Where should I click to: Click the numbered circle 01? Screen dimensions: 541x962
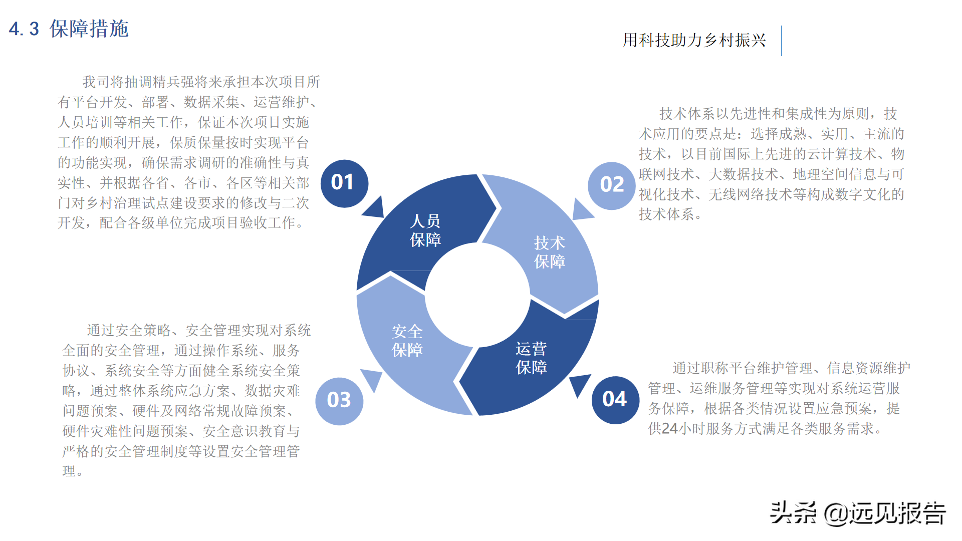click(344, 183)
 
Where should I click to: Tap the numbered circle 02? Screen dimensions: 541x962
click(611, 185)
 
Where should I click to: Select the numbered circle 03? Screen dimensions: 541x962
click(339, 401)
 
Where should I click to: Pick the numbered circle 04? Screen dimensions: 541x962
click(615, 400)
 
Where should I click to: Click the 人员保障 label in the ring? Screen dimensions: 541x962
click(425, 230)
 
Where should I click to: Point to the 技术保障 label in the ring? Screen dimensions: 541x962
click(549, 252)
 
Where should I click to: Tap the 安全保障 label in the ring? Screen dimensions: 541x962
click(407, 341)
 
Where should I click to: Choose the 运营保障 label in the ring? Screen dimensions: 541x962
click(531, 358)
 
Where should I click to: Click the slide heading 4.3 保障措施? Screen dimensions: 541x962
click(69, 29)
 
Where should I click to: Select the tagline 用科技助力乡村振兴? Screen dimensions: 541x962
click(694, 40)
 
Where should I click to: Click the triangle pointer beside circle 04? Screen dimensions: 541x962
click(580, 384)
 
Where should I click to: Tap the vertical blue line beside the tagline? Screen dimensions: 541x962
click(782, 41)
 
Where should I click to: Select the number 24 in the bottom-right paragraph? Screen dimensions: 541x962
click(670, 429)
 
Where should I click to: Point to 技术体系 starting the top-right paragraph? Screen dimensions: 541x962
click(686, 114)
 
